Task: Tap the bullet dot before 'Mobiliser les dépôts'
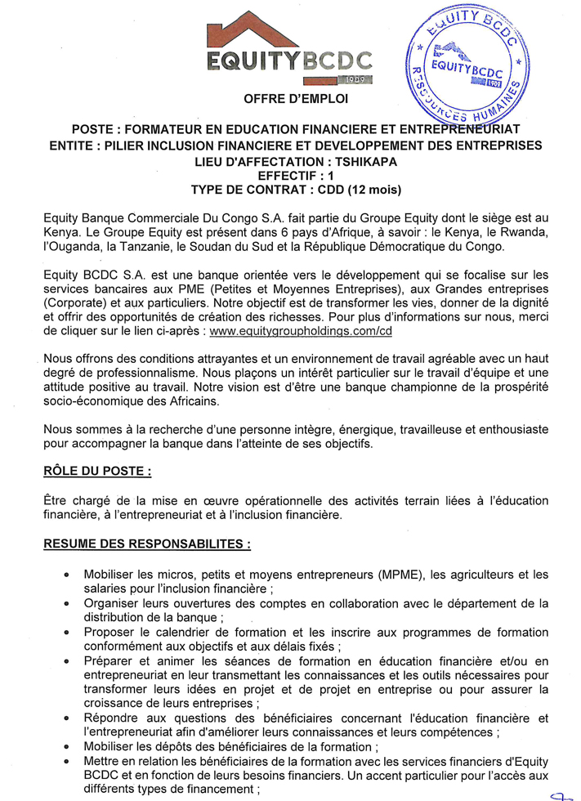pos(66,746)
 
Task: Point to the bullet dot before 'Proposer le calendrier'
pos(66,632)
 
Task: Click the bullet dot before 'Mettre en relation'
pos(66,761)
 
